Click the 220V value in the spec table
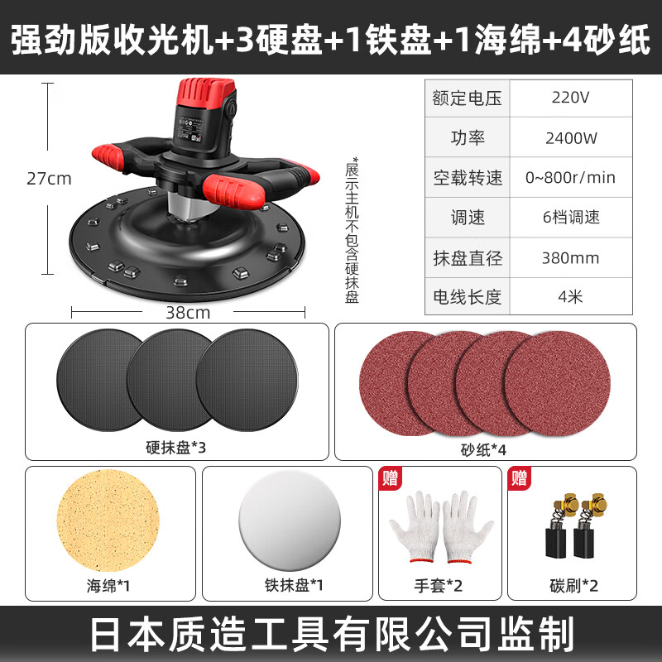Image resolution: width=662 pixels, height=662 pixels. pos(570,98)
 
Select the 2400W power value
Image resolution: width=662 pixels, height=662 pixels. pos(571,138)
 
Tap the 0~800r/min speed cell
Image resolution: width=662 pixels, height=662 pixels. pos(570,178)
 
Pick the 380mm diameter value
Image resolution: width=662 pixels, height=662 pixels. pos(570,258)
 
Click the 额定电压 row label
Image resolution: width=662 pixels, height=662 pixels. pos(467,98)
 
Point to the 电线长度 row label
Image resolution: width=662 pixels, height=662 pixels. pos(467,297)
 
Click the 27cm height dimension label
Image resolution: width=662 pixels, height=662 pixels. pos(49,179)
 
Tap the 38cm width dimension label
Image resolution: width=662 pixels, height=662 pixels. pos(188,313)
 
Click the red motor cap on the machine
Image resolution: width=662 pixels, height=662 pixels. pos(206,92)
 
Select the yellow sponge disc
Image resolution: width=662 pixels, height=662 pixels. pos(108,520)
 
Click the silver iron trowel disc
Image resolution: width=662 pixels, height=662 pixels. pos(290,520)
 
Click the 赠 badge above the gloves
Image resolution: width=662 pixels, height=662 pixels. pos(390,478)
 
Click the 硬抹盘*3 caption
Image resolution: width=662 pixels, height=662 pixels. pos(175,448)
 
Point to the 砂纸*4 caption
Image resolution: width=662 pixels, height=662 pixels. pos(483,450)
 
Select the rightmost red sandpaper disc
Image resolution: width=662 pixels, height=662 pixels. pos(557,383)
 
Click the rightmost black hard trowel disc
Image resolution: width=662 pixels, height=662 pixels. pos(247,380)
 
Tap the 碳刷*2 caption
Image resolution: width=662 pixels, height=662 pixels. pos(573,586)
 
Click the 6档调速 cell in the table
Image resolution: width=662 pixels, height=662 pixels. pos(571,218)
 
